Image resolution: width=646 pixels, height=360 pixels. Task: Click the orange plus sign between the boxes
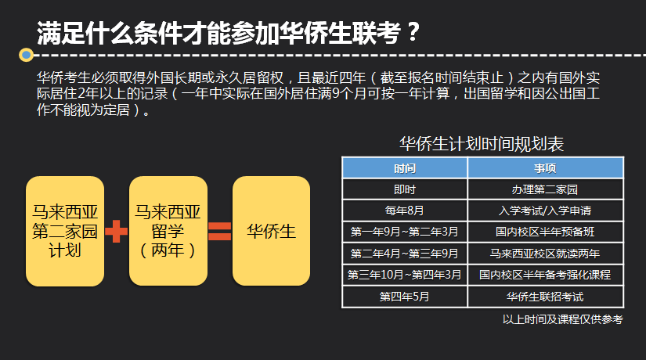coord(117,231)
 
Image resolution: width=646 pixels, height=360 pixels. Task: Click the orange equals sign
coord(219,231)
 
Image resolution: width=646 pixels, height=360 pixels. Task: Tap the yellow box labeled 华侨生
coord(271,231)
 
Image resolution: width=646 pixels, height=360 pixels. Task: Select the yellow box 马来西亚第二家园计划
coord(65,231)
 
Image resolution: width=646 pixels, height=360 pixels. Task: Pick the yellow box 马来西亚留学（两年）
coord(168,231)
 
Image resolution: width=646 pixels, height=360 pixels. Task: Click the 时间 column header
coord(405,168)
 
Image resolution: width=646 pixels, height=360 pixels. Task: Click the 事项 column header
coord(546,168)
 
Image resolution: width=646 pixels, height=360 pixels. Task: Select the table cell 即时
coord(405,189)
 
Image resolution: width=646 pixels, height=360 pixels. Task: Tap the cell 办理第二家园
coord(546,189)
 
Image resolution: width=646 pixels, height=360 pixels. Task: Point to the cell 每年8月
coord(405,211)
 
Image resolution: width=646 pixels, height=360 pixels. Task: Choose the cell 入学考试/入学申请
coord(546,211)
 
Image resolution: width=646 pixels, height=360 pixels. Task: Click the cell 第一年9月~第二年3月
coord(405,232)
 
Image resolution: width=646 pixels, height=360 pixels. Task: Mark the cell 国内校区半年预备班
coord(546,232)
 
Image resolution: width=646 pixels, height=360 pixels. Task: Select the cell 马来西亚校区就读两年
coord(546,254)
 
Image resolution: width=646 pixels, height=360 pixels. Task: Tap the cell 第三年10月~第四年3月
coord(405,275)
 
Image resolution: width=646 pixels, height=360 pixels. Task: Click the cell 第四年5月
coord(405,297)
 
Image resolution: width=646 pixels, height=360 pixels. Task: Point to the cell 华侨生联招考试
coord(546,297)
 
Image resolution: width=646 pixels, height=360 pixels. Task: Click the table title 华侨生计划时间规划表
coord(482,144)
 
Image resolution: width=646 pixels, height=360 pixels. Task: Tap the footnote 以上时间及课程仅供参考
coord(563,319)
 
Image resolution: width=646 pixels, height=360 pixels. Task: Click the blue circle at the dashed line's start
coord(27,54)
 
